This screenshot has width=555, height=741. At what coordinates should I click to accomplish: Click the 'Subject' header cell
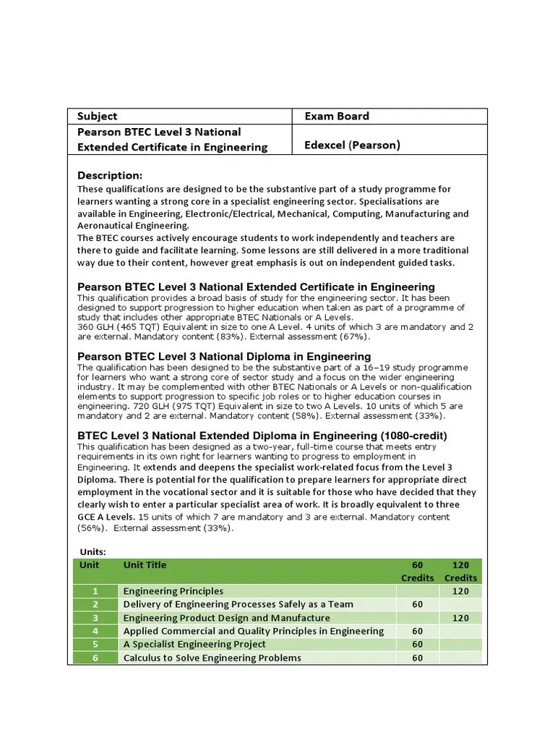(97, 117)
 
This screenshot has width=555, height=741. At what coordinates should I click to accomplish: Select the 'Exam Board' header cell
(336, 117)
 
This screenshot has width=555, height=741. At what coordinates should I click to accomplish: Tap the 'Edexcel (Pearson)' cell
(352, 145)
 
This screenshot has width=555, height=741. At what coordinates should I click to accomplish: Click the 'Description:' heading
(110, 176)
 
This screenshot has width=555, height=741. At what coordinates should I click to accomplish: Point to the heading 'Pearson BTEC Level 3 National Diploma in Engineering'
(224, 357)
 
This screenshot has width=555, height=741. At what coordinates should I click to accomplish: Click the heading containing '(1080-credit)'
(262, 436)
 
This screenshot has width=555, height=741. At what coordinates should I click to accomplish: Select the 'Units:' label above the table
(92, 551)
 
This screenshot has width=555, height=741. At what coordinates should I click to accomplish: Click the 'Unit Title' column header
(145, 565)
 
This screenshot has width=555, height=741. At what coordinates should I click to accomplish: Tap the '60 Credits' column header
(417, 571)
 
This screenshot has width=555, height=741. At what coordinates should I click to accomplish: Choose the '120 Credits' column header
(460, 571)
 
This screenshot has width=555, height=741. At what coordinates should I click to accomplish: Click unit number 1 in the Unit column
(94, 591)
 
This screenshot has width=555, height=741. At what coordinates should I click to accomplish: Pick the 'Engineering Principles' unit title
(173, 591)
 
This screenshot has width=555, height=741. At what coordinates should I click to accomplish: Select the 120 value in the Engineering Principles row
(460, 591)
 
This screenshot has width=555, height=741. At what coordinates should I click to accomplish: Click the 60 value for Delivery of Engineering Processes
(417, 604)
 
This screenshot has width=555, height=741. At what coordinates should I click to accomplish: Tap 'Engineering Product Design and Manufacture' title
(226, 618)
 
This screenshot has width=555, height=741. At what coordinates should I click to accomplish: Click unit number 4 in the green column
(94, 631)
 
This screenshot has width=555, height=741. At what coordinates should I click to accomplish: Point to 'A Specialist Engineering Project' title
(194, 644)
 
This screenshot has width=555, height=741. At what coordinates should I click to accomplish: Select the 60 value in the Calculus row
(417, 658)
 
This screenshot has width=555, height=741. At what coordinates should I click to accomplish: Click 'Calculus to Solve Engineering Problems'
(212, 658)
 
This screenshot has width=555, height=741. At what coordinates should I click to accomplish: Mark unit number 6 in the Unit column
(94, 658)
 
